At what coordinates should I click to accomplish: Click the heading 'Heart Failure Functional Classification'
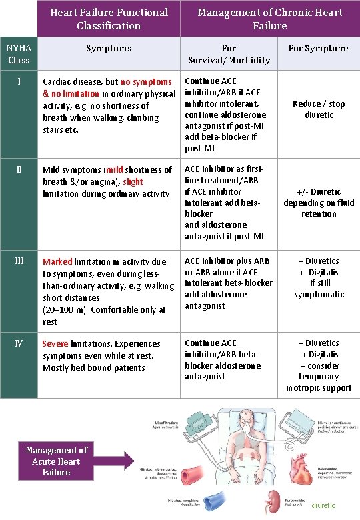[x=109, y=19]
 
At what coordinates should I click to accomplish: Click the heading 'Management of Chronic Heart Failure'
[x=270, y=19]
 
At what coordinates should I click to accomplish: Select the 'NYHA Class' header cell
[x=18, y=54]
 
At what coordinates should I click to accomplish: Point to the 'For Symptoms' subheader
[x=319, y=48]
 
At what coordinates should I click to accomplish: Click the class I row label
[x=18, y=81]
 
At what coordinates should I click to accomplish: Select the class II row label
[x=18, y=169]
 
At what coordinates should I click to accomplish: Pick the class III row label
[x=18, y=261]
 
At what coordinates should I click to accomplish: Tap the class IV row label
[x=18, y=343]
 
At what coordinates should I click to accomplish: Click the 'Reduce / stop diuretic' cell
[x=319, y=109]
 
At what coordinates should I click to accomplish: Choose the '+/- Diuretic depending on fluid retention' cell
[x=319, y=203]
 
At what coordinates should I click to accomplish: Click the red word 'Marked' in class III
[x=57, y=261]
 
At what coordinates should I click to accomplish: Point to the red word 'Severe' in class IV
[x=57, y=344]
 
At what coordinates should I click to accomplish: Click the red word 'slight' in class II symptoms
[x=133, y=181]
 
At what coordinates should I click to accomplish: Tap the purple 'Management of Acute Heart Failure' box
[x=56, y=461]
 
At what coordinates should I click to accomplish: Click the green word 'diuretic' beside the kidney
[x=323, y=505]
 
